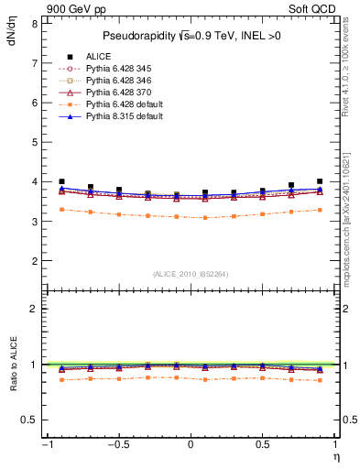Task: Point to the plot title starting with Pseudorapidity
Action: pyautogui.click(x=190, y=37)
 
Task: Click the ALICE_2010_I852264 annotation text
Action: pyautogui.click(x=190, y=274)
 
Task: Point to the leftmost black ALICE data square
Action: pyautogui.click(x=61, y=181)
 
